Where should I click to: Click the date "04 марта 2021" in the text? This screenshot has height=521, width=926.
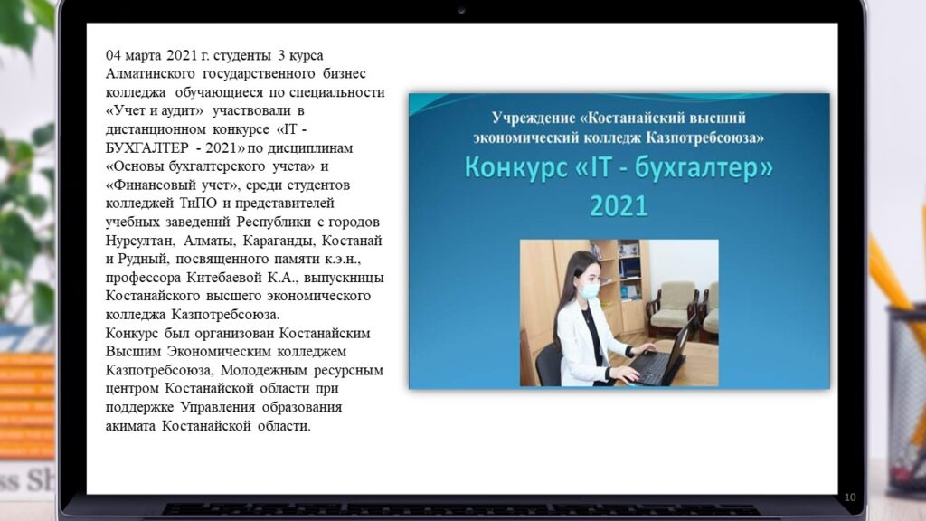(x=143, y=55)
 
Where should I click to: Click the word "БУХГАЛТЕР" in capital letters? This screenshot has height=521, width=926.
(x=146, y=147)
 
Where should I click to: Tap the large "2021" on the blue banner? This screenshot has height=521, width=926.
(x=619, y=206)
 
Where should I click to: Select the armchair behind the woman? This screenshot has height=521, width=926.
(x=673, y=307)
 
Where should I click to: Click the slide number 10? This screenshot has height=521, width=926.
(x=849, y=497)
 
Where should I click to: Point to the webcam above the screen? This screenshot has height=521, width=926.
(x=461, y=11)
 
